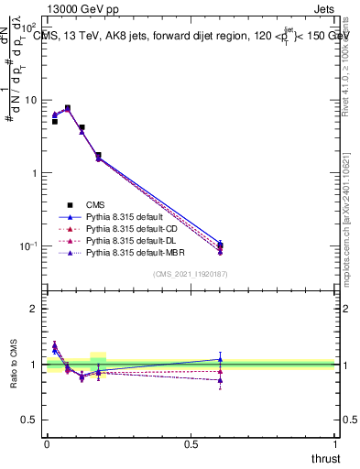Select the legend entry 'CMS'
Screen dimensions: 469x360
coord(97,204)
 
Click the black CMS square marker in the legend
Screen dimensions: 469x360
coord(67,204)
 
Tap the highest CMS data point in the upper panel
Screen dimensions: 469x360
coord(67,108)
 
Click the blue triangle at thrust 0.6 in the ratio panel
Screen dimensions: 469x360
coord(322,359)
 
